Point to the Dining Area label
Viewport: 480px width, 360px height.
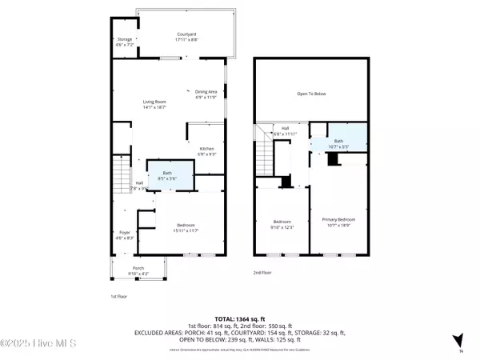click(x=206, y=93)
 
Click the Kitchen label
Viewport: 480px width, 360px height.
click(x=206, y=150)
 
